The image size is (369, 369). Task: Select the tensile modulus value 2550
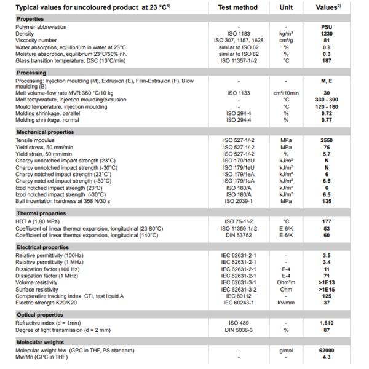pyautogui.click(x=327, y=140)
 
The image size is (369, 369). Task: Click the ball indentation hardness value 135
pyautogui.click(x=327, y=200)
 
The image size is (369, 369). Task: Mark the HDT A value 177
pyautogui.click(x=327, y=220)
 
